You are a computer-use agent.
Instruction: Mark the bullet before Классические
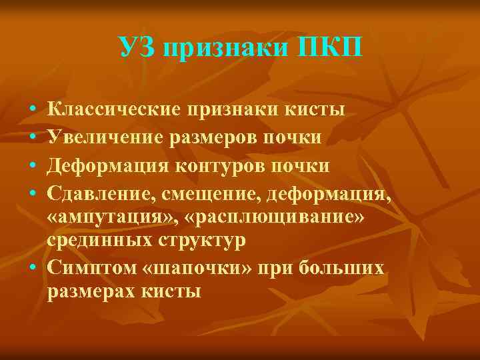click(x=33, y=109)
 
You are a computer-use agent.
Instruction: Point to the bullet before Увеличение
click(x=33, y=137)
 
